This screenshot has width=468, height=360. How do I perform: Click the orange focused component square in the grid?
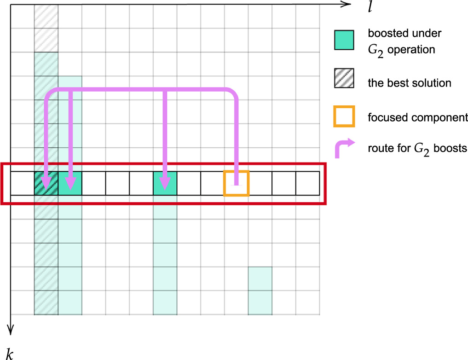click(236, 183)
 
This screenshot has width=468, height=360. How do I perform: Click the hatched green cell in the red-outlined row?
click(46, 183)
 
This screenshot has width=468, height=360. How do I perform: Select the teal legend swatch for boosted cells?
click(344, 40)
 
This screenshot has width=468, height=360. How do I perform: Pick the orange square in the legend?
click(344, 116)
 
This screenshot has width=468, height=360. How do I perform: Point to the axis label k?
click(11, 353)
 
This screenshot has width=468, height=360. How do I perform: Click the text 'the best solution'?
click(409, 83)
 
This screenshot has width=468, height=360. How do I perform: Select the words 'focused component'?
click(417, 117)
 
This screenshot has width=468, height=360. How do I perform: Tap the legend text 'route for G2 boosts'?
click(417, 149)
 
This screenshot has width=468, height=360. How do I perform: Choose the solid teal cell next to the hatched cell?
click(70, 183)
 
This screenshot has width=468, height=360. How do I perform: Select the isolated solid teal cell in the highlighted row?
click(165, 183)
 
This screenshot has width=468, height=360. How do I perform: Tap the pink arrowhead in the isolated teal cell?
click(165, 183)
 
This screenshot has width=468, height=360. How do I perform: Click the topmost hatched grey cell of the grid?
click(46, 17)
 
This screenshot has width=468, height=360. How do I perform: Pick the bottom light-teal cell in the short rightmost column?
click(260, 303)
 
